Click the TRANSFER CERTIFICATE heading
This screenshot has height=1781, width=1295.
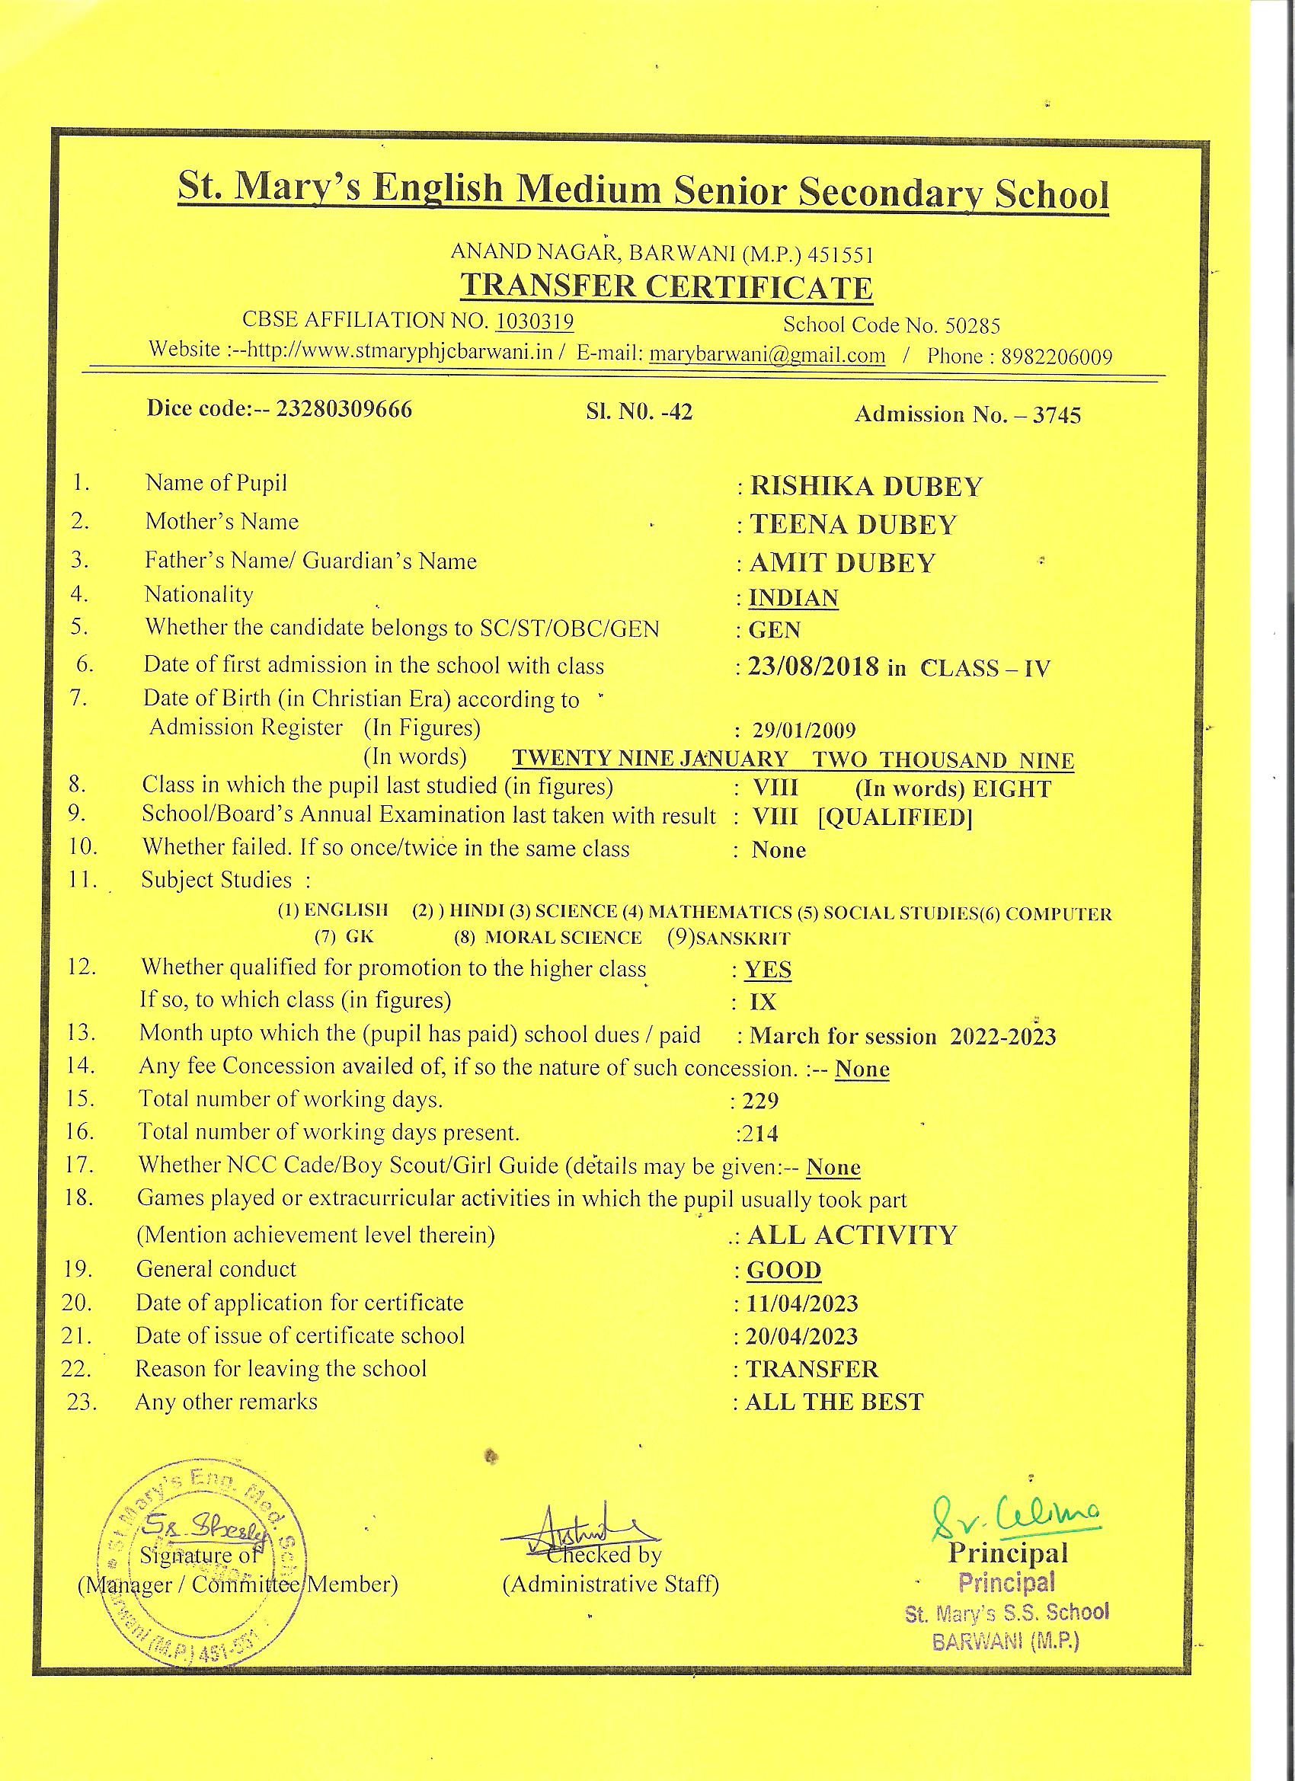(x=666, y=287)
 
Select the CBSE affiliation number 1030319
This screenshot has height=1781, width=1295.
(x=534, y=321)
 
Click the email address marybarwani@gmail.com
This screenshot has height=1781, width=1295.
(x=767, y=355)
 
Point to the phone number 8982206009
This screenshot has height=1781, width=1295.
(x=1057, y=357)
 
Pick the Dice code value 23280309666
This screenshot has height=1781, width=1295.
(x=344, y=410)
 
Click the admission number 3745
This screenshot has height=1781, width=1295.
(x=1057, y=415)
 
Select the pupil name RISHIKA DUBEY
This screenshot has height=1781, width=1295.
(x=866, y=487)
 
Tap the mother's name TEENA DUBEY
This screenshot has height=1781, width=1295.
(x=854, y=525)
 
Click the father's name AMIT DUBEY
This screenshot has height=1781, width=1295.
(x=843, y=563)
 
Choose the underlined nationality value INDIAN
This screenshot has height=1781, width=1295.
(x=793, y=599)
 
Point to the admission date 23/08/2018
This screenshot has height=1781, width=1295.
(x=813, y=667)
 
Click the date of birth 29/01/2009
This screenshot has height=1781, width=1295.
(x=804, y=731)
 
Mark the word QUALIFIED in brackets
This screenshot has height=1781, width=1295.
(x=895, y=818)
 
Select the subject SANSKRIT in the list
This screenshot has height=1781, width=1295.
(x=742, y=938)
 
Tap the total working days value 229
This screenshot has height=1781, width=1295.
(x=760, y=1101)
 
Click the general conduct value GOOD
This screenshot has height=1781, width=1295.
(x=784, y=1271)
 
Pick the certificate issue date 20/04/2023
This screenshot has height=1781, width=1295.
(x=802, y=1337)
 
